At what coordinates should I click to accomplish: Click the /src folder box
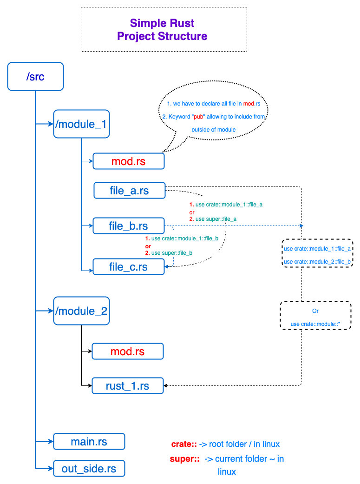35,76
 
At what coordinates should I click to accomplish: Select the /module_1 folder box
81,124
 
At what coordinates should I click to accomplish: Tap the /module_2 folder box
81,311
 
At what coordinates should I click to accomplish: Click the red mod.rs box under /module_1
129,161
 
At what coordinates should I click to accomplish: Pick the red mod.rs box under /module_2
128,351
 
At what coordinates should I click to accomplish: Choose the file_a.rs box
129,190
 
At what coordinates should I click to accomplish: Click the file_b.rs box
128,226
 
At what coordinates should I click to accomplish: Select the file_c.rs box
129,267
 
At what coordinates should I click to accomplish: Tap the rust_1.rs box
128,386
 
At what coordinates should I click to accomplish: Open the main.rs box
89,441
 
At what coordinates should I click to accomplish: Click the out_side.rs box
89,468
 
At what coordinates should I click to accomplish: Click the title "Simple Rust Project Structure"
163,29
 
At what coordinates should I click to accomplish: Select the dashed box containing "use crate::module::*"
315,316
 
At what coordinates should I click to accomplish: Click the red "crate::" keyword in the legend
184,444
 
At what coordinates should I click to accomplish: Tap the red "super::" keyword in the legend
185,459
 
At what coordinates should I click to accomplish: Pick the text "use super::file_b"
172,252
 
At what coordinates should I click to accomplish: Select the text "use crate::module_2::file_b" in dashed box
317,262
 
